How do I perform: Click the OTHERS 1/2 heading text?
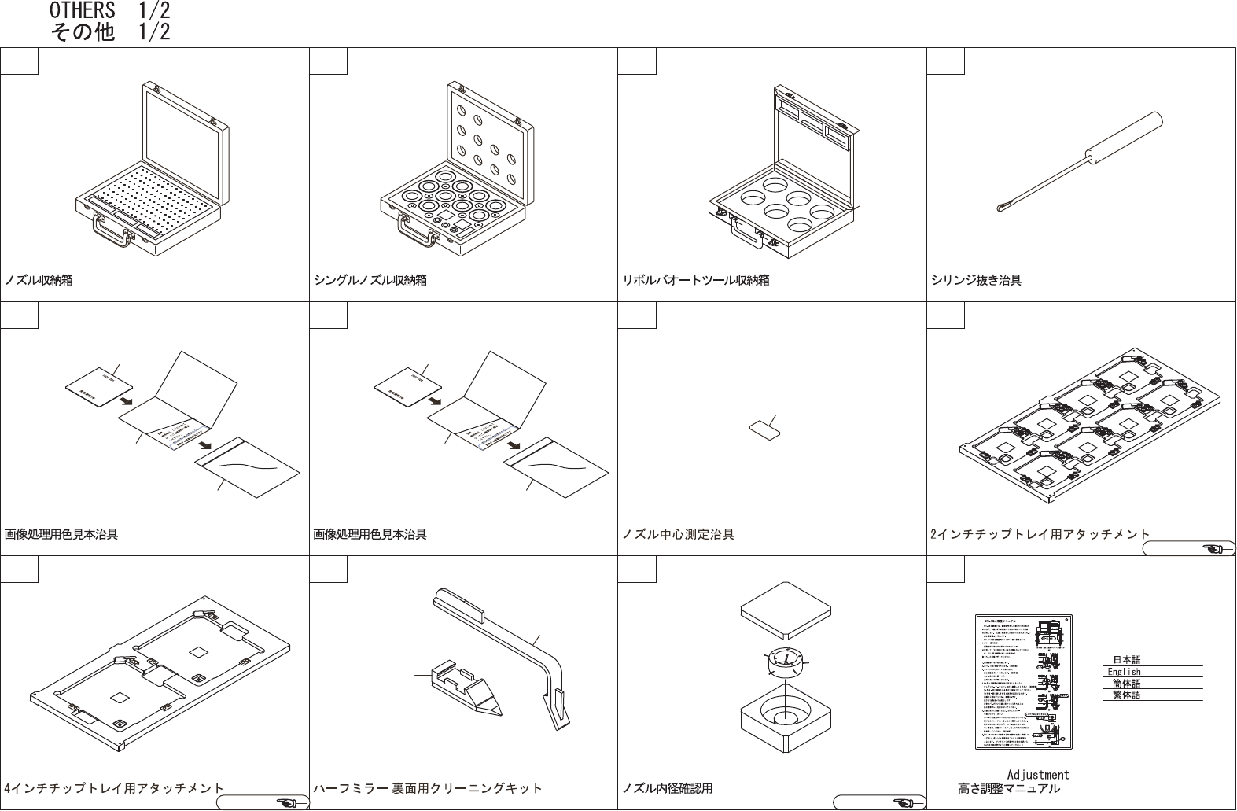(x=109, y=11)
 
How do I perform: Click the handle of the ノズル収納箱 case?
(x=111, y=232)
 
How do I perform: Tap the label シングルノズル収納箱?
(x=370, y=280)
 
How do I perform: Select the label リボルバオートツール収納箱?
(x=695, y=280)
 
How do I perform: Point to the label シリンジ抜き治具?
(x=976, y=280)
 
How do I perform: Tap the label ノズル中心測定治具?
(x=678, y=535)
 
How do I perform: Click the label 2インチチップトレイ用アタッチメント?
(x=1040, y=535)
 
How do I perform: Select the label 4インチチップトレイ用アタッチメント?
(x=114, y=788)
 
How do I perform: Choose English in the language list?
(x=1125, y=672)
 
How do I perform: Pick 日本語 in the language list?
(x=1126, y=660)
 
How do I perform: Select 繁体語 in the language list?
(x=1126, y=695)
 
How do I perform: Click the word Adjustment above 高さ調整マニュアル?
(x=1038, y=775)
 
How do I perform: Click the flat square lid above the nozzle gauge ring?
(x=786, y=606)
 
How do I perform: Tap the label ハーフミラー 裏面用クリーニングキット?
(x=428, y=788)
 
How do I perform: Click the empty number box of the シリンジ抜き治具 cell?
(x=946, y=61)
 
